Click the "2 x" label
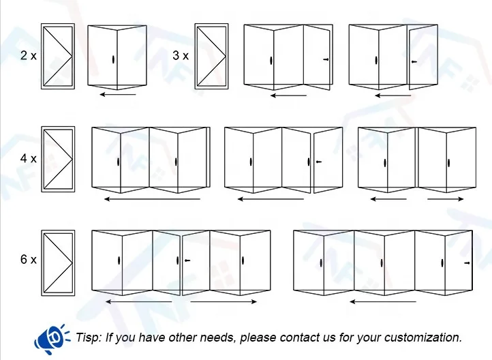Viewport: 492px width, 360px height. click(x=28, y=56)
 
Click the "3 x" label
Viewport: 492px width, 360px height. click(x=181, y=56)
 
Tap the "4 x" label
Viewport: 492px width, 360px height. click(x=28, y=158)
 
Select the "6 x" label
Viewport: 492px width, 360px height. click(x=28, y=260)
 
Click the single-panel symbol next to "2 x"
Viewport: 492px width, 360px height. click(x=58, y=57)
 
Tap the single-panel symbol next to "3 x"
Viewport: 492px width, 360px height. click(x=212, y=57)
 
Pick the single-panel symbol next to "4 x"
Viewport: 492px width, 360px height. click(x=58, y=159)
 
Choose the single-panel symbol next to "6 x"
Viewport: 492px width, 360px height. click(x=58, y=262)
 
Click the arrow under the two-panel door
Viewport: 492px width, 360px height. click(x=118, y=95)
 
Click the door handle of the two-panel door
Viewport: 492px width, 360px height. click(x=110, y=60)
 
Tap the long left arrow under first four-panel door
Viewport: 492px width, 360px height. click(x=152, y=199)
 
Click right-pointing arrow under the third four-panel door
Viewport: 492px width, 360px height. click(x=446, y=199)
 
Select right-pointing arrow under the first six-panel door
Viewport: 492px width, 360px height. click(x=224, y=301)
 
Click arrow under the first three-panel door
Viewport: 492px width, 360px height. click(x=288, y=95)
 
